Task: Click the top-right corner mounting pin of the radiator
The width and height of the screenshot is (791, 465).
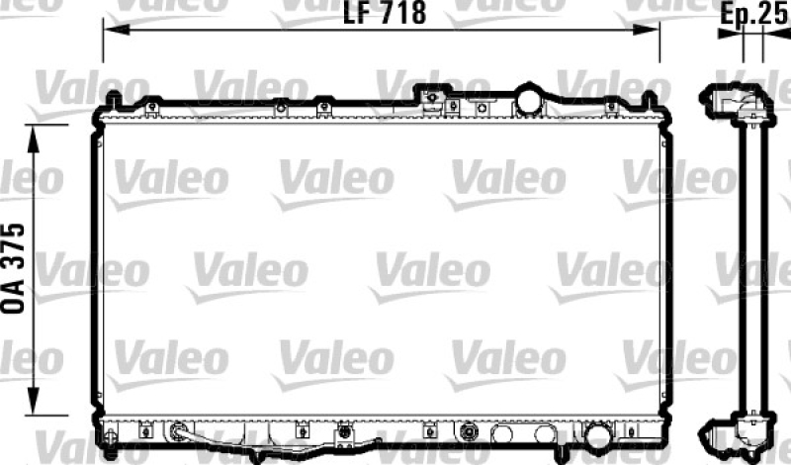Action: (x=649, y=99)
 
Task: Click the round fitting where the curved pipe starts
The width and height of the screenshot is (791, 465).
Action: (x=179, y=431)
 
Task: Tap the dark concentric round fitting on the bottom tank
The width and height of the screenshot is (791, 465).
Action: (x=470, y=432)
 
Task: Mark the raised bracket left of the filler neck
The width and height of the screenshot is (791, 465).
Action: (x=431, y=97)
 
